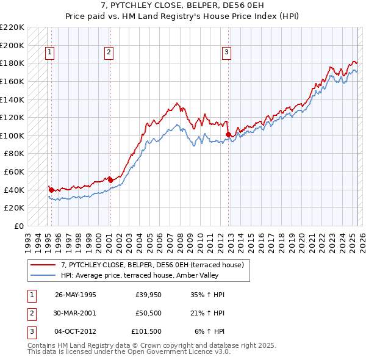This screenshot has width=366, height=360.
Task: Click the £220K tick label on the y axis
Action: click(12, 27)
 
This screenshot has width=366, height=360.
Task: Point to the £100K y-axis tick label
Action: click(12, 135)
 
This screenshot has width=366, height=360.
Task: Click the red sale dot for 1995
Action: click(51, 190)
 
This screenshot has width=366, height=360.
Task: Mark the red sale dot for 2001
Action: click(110, 180)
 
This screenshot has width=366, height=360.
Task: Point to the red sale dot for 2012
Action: click(228, 134)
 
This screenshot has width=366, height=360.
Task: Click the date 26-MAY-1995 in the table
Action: click(76, 295)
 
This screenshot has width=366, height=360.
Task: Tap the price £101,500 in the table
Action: click(146, 332)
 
